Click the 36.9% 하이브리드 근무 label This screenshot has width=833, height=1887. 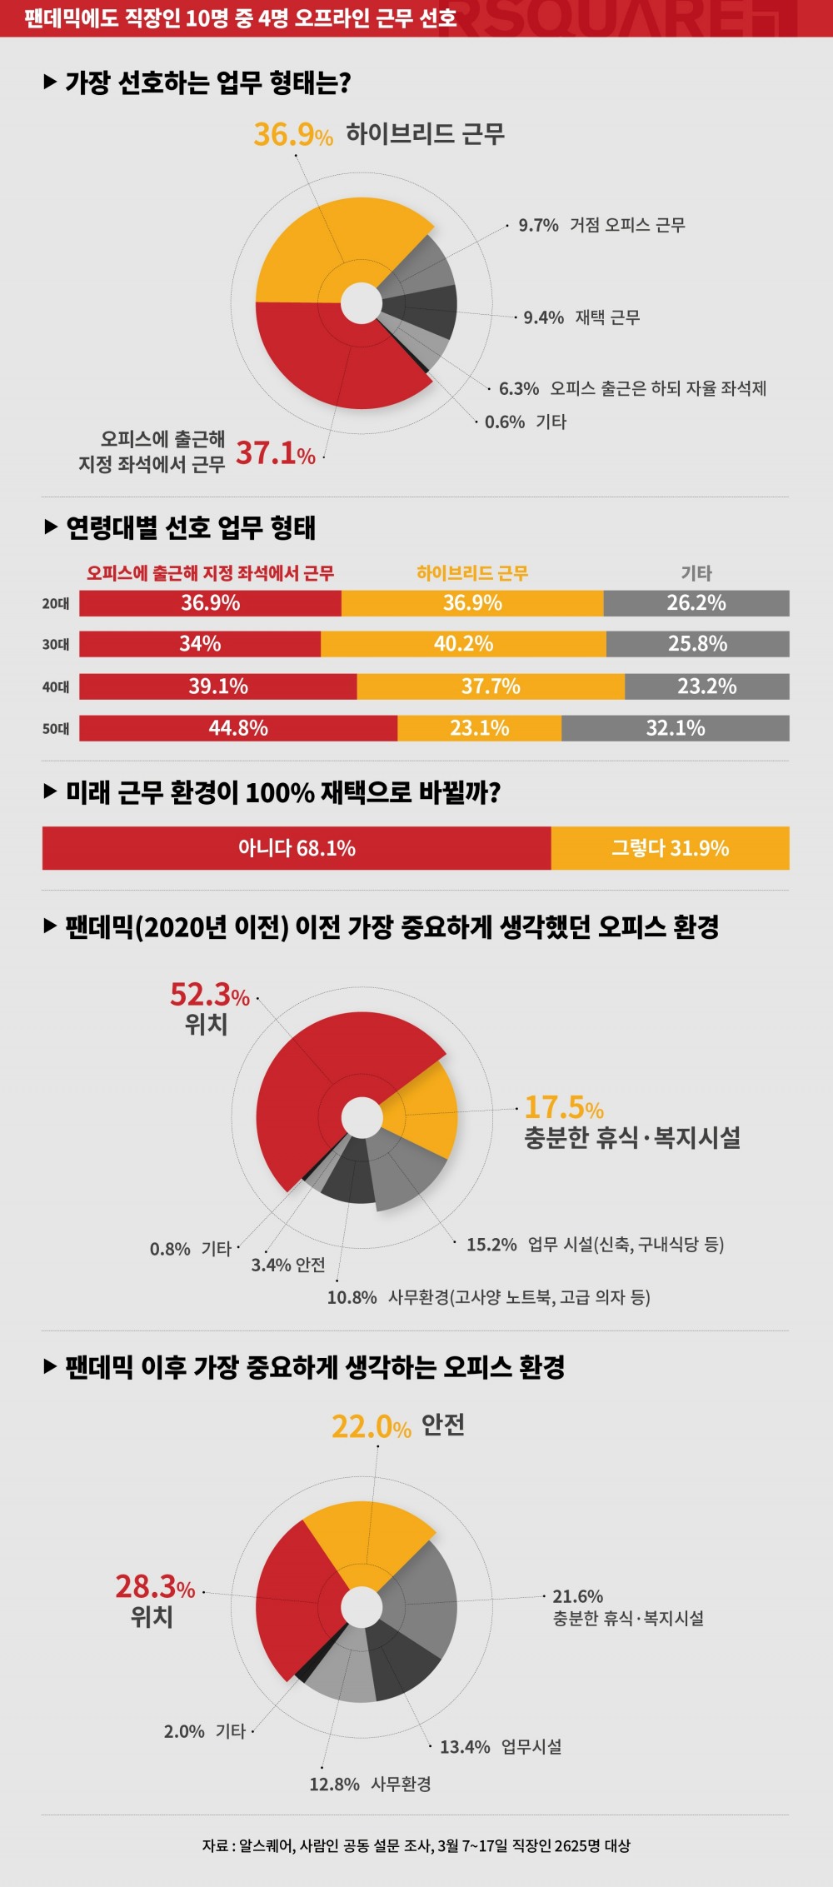tap(379, 134)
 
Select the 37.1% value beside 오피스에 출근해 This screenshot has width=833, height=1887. tap(275, 453)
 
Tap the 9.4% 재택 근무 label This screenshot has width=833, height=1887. tap(581, 317)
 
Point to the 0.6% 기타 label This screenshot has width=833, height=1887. tap(525, 422)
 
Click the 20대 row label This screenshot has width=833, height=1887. tap(56, 603)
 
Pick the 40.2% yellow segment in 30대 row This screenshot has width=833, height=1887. tap(463, 644)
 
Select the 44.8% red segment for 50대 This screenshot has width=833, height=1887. tap(238, 728)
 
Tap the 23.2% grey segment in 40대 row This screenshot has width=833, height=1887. tap(706, 686)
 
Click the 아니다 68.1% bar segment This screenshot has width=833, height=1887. tap(297, 848)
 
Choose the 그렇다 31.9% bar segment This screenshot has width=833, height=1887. tap(670, 848)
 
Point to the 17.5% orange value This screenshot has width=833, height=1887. tap(563, 1108)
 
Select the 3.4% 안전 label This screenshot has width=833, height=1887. tap(288, 1265)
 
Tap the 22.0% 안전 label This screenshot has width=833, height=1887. tap(397, 1425)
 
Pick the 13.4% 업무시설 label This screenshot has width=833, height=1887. tap(500, 1747)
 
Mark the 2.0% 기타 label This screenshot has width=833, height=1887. tap(205, 1731)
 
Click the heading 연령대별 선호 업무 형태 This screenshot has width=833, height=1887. tap(190, 527)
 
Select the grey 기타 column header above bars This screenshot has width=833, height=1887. tap(696, 573)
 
